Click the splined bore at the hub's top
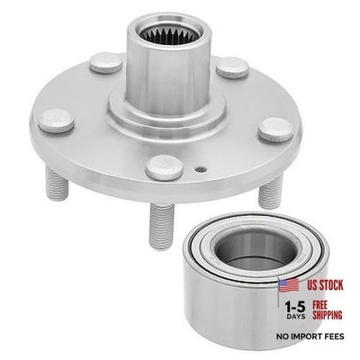click(170, 34)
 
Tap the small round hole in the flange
click(201, 169)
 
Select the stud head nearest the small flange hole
click(165, 167)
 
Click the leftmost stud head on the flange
click(57, 121)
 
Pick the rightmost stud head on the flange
click(275, 130)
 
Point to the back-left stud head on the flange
click(106, 63)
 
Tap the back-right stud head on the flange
click(232, 67)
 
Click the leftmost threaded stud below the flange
click(57, 184)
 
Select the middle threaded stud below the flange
click(161, 226)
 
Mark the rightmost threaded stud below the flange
click(271, 191)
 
